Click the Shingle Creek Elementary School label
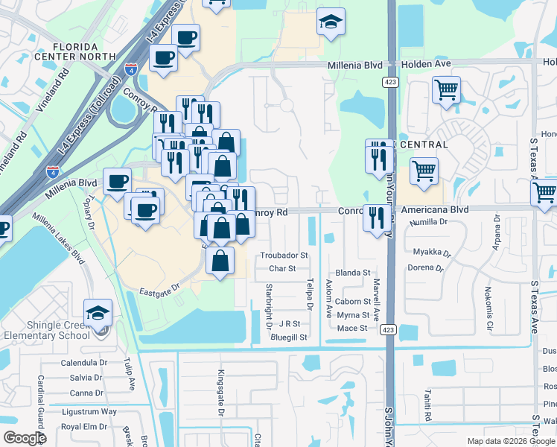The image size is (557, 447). (x=51, y=329)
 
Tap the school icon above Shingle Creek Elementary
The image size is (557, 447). (x=98, y=313)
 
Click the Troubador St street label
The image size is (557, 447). (x=284, y=256)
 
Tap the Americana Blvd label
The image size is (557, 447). (x=434, y=210)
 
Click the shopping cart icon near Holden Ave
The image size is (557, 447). (x=446, y=90)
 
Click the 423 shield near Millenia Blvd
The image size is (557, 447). (x=390, y=80)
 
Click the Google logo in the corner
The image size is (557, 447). (x=24, y=438)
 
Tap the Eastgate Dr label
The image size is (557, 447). (x=159, y=286)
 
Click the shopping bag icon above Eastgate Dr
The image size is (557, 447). (x=220, y=261)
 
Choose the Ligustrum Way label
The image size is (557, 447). (x=89, y=411)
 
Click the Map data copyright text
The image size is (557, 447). (x=510, y=441)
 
